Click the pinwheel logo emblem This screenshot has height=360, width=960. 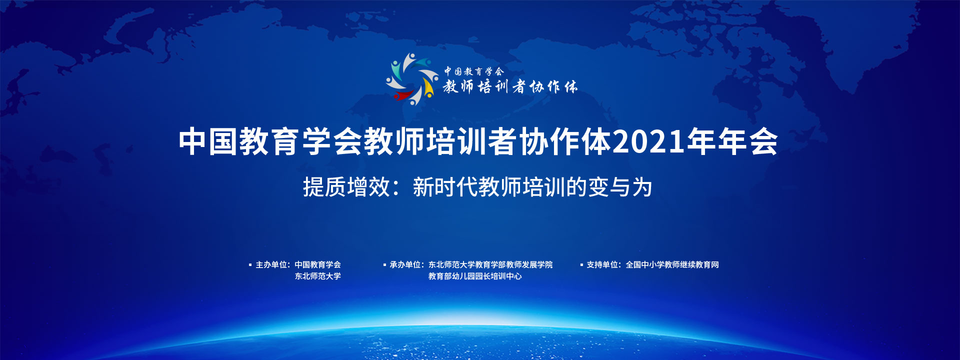[412, 79]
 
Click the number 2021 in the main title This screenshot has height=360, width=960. [648, 142]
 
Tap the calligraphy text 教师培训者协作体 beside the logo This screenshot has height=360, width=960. [510, 87]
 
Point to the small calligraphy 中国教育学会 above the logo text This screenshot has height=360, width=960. [474, 71]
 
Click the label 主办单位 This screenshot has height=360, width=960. [271, 265]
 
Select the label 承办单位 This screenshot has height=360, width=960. [405, 265]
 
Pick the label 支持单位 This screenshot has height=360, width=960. [602, 265]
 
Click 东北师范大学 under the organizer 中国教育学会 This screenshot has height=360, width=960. [317, 276]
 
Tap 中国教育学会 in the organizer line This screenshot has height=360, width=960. [317, 265]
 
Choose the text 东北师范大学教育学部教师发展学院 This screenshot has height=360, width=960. [490, 265]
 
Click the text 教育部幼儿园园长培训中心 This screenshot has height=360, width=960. [475, 276]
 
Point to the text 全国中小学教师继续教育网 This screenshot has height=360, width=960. [672, 265]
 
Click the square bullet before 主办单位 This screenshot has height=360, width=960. [250, 265]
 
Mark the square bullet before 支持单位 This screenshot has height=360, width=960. [581, 265]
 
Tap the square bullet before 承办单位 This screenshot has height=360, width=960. [384, 265]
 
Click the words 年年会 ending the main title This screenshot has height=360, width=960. [732, 142]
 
